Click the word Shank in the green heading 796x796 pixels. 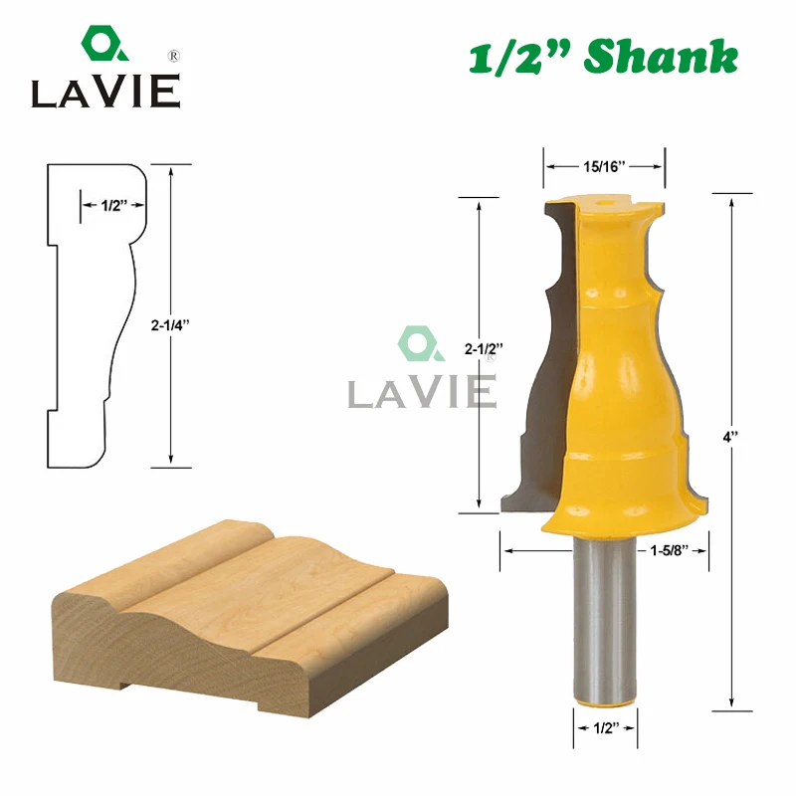point(661,57)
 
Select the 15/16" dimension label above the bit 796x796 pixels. point(604,166)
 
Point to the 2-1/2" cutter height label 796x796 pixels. point(484,349)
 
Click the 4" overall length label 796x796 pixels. point(730,437)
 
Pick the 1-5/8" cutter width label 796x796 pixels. point(669,550)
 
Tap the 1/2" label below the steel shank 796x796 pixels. point(606,728)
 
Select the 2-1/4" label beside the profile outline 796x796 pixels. point(170,325)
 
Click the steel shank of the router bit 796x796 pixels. point(604,619)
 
